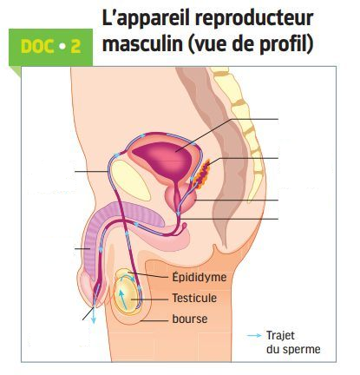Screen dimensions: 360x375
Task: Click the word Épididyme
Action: pyautogui.click(x=200, y=278)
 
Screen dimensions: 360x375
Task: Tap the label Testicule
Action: pyautogui.click(x=194, y=298)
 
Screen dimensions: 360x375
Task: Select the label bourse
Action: pyautogui.click(x=190, y=319)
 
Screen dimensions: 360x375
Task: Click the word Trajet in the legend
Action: pyautogui.click(x=280, y=336)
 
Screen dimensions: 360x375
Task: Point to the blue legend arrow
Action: pyautogui.click(x=254, y=336)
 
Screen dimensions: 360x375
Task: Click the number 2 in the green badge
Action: pyautogui.click(x=75, y=47)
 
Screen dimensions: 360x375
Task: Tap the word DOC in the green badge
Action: pyautogui.click(x=37, y=47)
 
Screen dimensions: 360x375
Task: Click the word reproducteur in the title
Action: pyautogui.click(x=254, y=19)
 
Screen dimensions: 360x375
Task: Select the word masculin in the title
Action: pyautogui.click(x=142, y=43)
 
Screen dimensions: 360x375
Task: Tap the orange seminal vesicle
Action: pyautogui.click(x=202, y=174)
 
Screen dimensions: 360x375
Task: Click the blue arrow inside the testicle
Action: pyautogui.click(x=122, y=299)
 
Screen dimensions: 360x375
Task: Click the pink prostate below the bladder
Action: pyautogui.click(x=180, y=198)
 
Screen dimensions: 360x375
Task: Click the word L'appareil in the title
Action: pyautogui.click(x=146, y=19)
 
